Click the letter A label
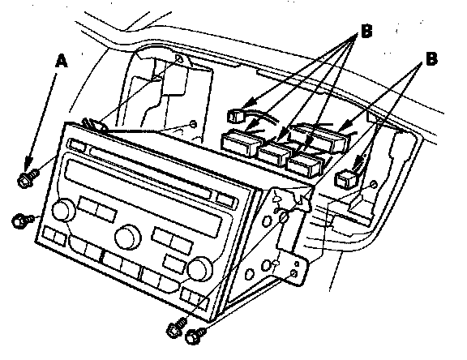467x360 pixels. tap(62, 61)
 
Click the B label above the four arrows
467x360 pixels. tap(366, 31)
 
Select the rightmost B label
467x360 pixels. tap(431, 58)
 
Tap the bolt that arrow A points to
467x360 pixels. tap(28, 178)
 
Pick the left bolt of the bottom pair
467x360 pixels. tap(176, 328)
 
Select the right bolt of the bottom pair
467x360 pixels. tap(195, 336)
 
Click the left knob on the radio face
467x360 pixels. tap(63, 209)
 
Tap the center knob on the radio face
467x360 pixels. tap(128, 237)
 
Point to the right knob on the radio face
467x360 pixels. tap(199, 268)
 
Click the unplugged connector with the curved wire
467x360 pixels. tap(238, 116)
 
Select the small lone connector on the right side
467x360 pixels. tap(345, 178)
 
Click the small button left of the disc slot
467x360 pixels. tap(77, 145)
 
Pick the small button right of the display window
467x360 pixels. tap(226, 199)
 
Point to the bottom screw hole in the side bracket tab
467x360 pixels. tap(294, 273)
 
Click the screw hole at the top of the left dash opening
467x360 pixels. tap(179, 58)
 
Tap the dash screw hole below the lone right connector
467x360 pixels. tap(373, 184)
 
